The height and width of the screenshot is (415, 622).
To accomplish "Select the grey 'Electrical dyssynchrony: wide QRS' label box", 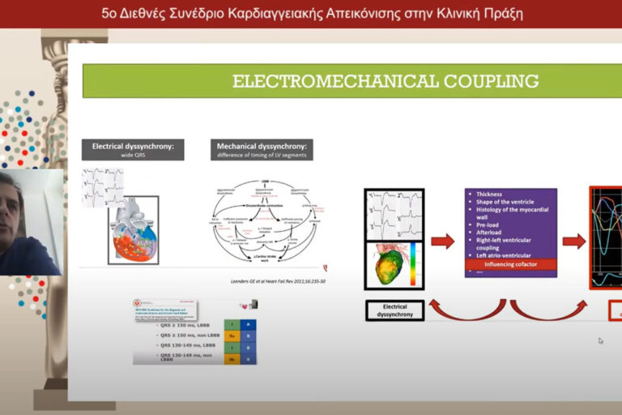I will point(133,149).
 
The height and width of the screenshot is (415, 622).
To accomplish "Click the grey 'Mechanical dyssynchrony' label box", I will point(262,149).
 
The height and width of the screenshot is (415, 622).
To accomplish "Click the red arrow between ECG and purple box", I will point(442,241).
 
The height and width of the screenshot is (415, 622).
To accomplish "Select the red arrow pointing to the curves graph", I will point(573,241).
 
